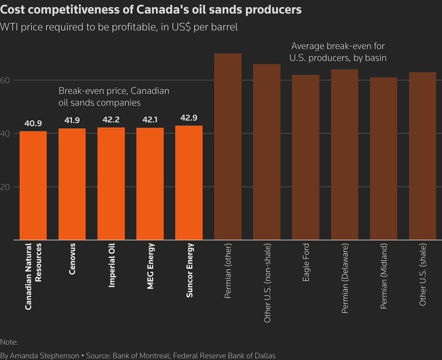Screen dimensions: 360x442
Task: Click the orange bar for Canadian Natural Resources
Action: pos(33,186)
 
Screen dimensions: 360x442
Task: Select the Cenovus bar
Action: pos(72,184)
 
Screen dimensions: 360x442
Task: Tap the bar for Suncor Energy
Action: pos(189,183)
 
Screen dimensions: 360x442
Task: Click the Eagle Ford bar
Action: pos(305,157)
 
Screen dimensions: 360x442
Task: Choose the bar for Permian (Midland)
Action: pos(383,159)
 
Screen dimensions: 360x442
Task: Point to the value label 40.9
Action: pos(33,124)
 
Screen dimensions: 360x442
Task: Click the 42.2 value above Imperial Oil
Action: pos(111,120)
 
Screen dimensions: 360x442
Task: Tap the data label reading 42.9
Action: pos(189,118)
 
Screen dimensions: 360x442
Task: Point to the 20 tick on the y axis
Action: pos(5,187)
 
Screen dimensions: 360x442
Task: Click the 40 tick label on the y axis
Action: pos(5,133)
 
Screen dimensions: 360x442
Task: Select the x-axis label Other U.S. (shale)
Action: pos(423,274)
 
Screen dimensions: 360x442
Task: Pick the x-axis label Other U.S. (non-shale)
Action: pos(267,282)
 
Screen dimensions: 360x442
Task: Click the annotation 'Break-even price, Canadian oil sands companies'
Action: pos(114,96)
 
